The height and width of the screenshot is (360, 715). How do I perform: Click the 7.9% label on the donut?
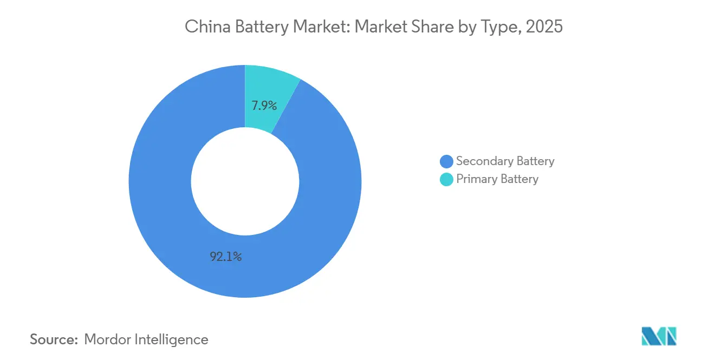coord(264,106)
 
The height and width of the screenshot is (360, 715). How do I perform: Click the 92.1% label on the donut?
coord(226,257)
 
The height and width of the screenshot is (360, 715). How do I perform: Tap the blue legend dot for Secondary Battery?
coord(446,161)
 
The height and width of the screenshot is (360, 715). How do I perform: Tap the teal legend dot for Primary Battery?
coord(446,179)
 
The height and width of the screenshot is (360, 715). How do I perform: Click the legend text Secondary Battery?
coord(505,161)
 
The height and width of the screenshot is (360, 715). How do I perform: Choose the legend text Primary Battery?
coord(497,179)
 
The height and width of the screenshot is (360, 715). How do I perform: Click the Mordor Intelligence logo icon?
coord(659,336)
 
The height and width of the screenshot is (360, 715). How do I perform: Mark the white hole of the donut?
coord(245,181)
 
